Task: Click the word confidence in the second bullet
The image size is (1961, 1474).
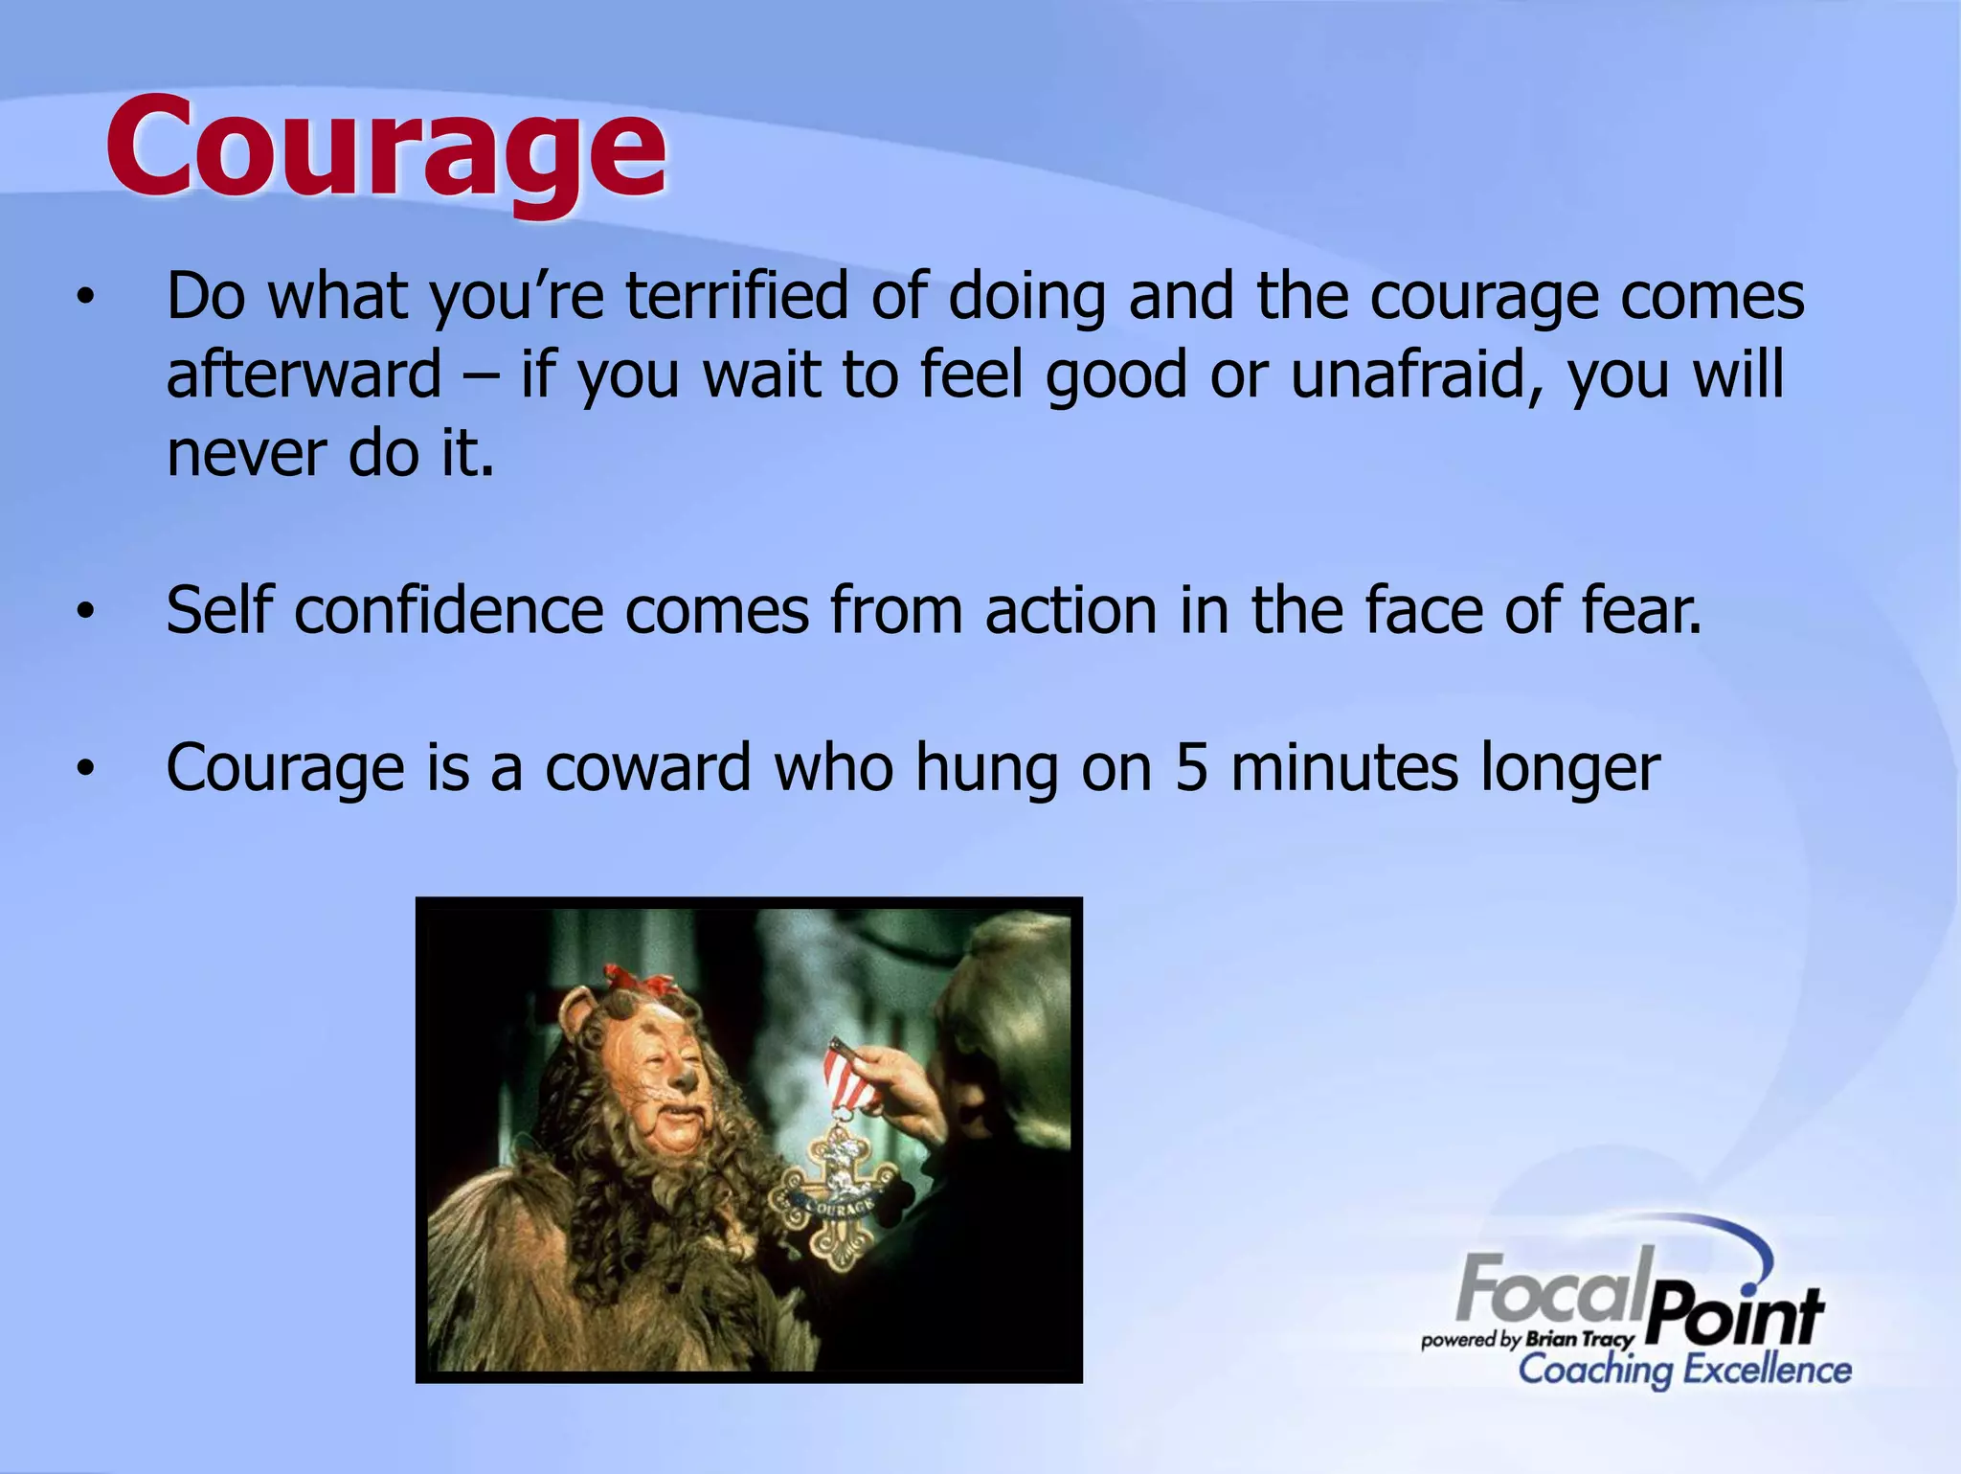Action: (448, 610)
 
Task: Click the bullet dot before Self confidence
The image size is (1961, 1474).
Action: (86, 612)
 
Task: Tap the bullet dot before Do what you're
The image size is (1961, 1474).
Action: (86, 298)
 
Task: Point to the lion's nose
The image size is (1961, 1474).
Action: (687, 1079)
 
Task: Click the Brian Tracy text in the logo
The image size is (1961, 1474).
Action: (1580, 1339)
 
